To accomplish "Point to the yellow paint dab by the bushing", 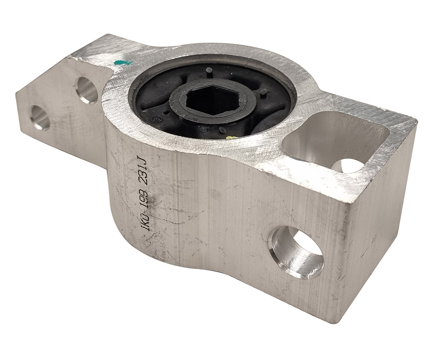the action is [x=230, y=138].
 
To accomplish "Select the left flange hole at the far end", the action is [x=40, y=118].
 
